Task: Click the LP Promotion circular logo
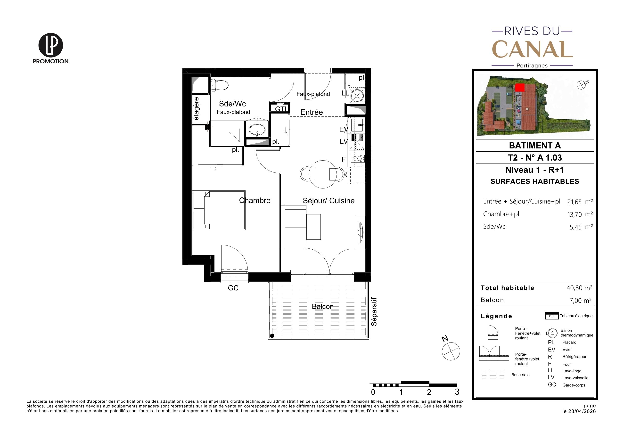click(x=51, y=45)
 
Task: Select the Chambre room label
click(x=255, y=201)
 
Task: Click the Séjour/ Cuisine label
click(x=328, y=201)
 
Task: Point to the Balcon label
click(x=323, y=307)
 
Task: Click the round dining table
click(x=323, y=174)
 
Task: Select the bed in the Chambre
click(x=219, y=210)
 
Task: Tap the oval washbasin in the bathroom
click(x=257, y=130)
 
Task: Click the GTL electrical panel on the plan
click(x=280, y=109)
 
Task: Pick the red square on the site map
click(x=520, y=88)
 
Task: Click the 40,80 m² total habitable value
click(x=579, y=288)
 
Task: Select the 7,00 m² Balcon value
click(x=581, y=300)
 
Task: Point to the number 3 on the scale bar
click(x=457, y=392)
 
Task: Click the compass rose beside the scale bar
click(x=451, y=351)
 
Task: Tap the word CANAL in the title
click(x=532, y=49)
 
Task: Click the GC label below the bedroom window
click(x=233, y=288)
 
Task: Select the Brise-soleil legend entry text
click(x=521, y=375)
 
